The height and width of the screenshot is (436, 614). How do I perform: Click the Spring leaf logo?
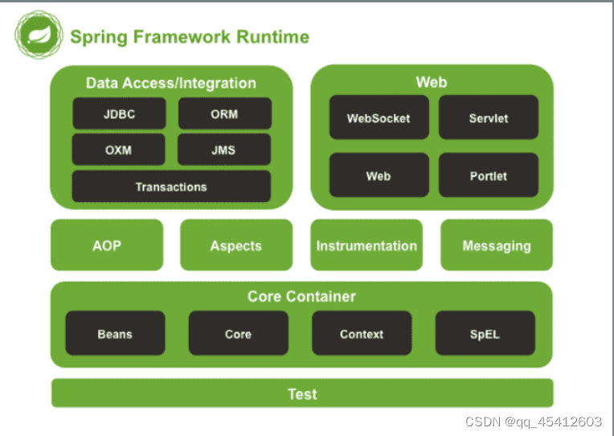(x=39, y=35)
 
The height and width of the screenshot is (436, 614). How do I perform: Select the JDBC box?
(x=119, y=113)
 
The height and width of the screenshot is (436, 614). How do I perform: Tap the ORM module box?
(x=225, y=113)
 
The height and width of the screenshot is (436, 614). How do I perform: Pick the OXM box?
(x=118, y=150)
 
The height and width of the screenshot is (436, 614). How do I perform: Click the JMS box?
(x=224, y=150)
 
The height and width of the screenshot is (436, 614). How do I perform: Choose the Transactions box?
(x=171, y=187)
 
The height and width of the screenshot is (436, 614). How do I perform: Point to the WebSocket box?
(x=379, y=117)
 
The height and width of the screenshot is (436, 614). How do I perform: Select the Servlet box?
(x=489, y=117)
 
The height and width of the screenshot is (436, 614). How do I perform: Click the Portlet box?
(x=489, y=175)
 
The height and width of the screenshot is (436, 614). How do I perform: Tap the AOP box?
(x=107, y=245)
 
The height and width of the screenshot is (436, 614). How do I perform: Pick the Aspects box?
(x=236, y=245)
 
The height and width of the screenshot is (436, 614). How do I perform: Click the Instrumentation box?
(x=366, y=245)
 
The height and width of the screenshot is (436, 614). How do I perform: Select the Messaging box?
(x=497, y=245)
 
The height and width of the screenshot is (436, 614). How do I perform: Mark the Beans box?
(x=115, y=333)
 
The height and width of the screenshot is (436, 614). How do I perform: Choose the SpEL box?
(x=485, y=333)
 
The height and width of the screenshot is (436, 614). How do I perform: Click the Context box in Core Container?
(x=362, y=333)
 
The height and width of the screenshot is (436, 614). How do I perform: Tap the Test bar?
(x=302, y=393)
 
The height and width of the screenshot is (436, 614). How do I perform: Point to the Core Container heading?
(x=301, y=296)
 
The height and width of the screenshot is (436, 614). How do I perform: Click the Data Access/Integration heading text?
(x=171, y=83)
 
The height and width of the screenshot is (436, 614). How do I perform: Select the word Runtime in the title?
(x=272, y=37)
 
